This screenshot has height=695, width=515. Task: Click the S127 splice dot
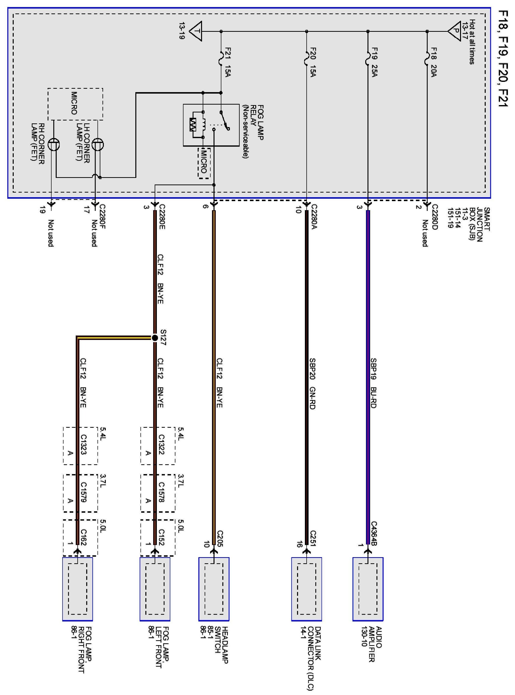155,338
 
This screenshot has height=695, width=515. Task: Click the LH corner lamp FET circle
97,145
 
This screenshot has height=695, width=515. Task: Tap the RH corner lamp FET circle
54,145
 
